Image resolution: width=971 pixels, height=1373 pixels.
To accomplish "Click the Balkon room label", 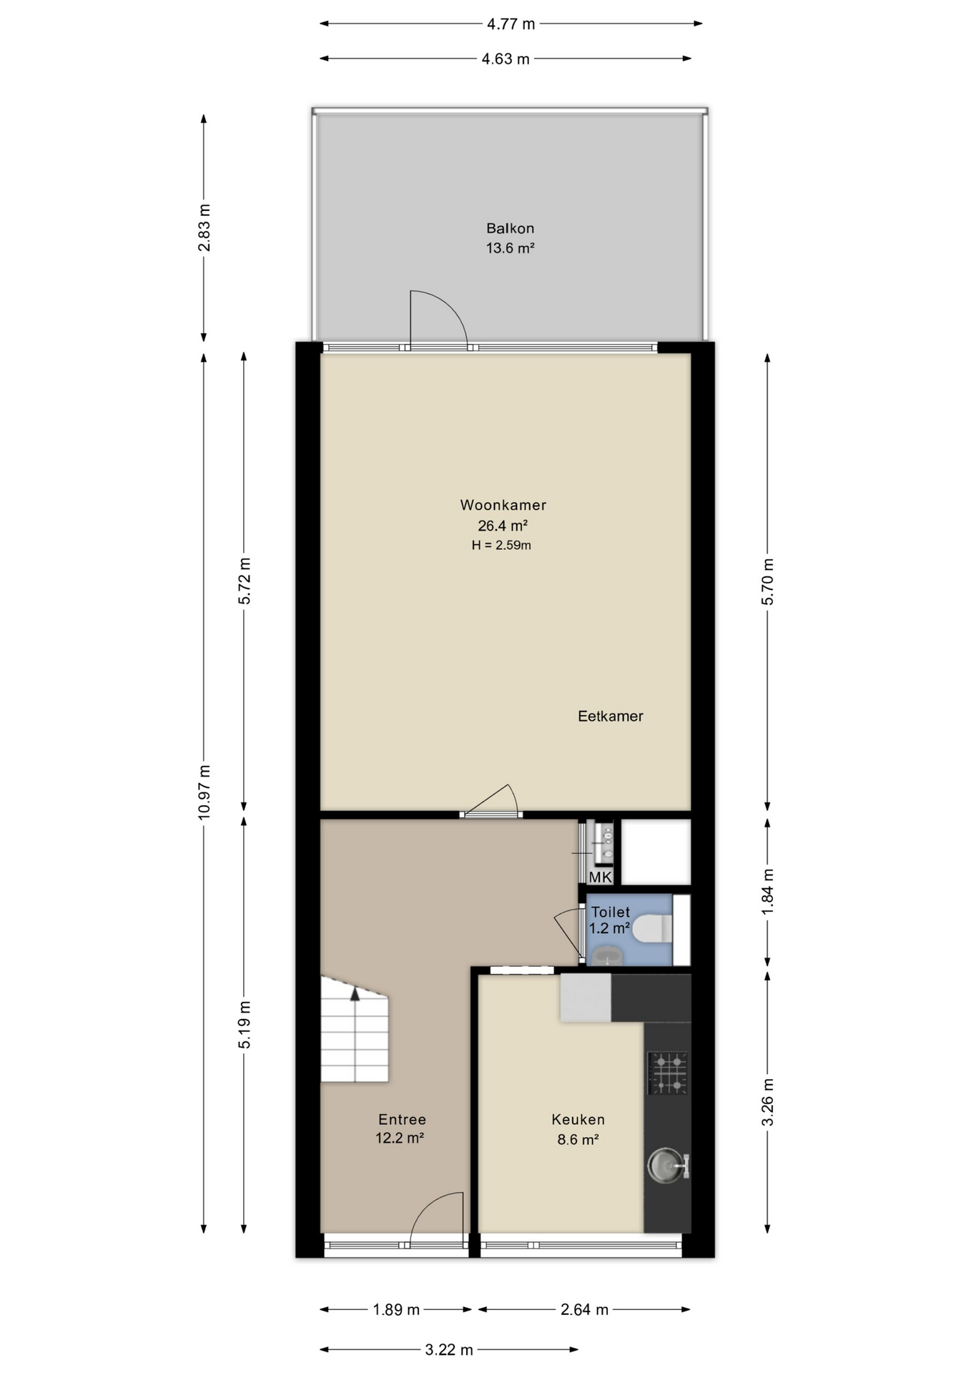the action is coord(511,229).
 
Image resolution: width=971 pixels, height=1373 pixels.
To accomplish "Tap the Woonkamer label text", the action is coord(503,505).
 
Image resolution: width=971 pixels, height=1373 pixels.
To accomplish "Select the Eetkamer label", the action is coord(611,716).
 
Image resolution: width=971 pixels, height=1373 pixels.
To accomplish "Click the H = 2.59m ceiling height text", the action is coord(501,545).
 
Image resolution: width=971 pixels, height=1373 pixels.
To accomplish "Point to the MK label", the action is coord(601,877).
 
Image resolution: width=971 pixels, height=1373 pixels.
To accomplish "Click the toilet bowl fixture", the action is coord(652,929).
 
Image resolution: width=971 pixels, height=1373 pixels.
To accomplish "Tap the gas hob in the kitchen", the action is coord(668,1073).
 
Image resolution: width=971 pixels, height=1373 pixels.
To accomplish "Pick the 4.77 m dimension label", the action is coord(511,24).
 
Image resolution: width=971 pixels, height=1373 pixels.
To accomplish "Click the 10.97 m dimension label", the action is coord(204,792).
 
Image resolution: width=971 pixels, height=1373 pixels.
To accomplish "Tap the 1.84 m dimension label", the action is coord(768,891).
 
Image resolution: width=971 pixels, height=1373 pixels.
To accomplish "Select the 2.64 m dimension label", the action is coord(584,1309).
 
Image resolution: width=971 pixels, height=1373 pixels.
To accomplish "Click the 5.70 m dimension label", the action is coord(768,581).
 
